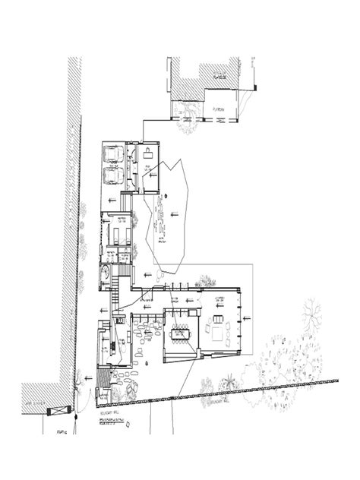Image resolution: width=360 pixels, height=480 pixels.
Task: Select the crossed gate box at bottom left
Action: (x=55, y=411)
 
